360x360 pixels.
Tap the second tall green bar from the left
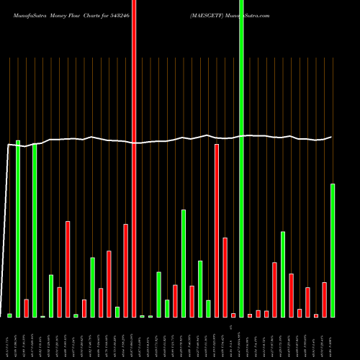tap(35, 230)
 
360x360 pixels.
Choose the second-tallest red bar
tap(217, 230)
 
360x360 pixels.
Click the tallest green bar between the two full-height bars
tap(184, 263)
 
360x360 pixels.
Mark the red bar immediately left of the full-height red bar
tap(125, 270)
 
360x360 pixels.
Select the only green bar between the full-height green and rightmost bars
tap(283, 274)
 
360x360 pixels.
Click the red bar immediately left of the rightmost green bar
tap(324, 300)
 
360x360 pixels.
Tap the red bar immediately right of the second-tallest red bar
tap(225, 277)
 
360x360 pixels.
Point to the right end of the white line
tap(331, 137)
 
